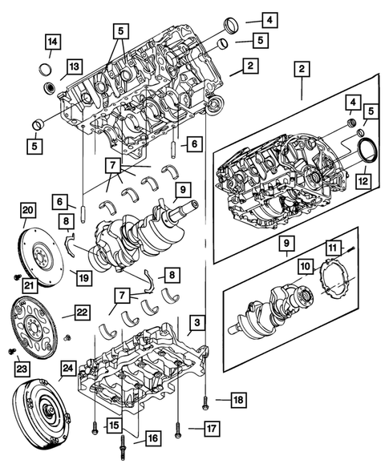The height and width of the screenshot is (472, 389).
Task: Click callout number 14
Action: [51, 41]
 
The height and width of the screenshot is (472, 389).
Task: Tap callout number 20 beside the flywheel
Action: [28, 211]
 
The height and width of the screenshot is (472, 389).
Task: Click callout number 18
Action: [238, 398]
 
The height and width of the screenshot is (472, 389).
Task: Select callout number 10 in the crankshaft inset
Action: [306, 265]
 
